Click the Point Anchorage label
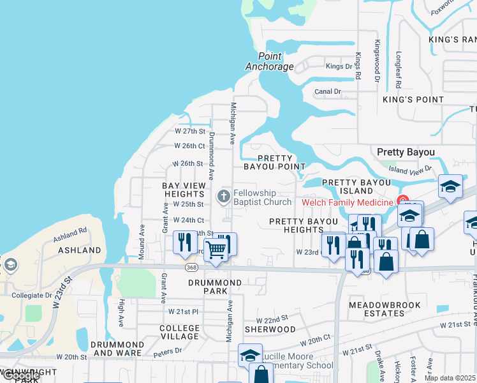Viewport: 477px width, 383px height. [x=270, y=61]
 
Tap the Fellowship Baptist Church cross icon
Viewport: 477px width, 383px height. [x=224, y=197]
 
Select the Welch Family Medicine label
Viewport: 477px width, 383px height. [x=347, y=202]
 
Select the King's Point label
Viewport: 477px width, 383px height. [x=413, y=100]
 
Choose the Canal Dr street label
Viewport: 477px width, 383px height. [x=328, y=92]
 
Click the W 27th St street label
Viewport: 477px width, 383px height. [x=191, y=131]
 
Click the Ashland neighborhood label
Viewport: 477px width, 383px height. [x=80, y=250]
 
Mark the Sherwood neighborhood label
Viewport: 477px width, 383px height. [x=271, y=329]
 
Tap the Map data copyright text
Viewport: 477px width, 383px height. [x=450, y=378]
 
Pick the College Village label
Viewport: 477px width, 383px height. [x=180, y=333]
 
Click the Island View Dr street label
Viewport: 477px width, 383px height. [x=410, y=169]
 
